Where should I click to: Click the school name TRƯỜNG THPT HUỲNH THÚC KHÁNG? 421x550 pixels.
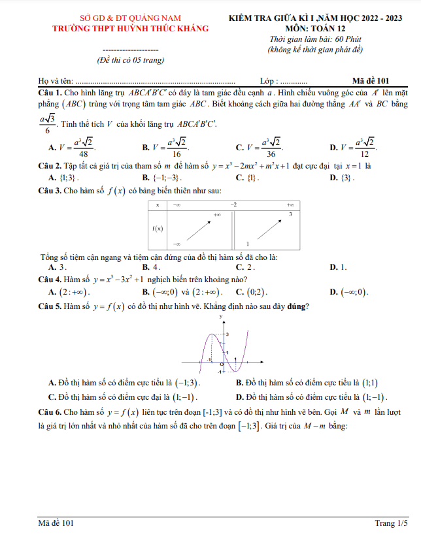click(x=131, y=28)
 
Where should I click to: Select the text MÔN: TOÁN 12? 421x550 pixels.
click(x=316, y=28)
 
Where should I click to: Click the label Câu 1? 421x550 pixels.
click(x=50, y=94)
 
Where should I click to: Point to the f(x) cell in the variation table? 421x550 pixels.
click(x=158, y=228)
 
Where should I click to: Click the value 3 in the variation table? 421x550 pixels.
click(x=289, y=214)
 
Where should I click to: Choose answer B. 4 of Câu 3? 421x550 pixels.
click(x=152, y=267)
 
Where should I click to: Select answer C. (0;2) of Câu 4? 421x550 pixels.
click(x=252, y=292)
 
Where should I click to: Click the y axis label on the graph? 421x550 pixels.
click(x=221, y=316)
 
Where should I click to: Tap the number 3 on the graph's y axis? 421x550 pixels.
click(x=226, y=334)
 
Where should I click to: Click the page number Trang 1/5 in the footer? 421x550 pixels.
click(x=392, y=523)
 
